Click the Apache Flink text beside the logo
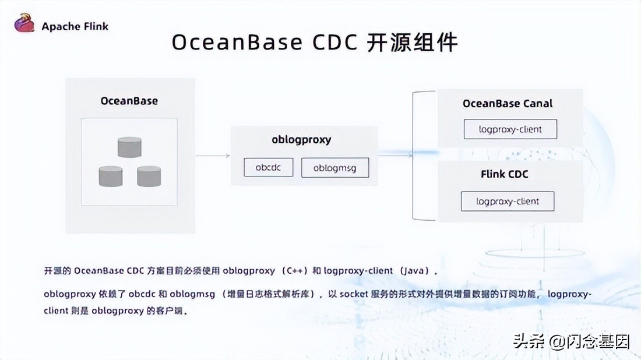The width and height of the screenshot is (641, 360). [75, 26]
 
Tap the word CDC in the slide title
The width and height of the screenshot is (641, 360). [328, 43]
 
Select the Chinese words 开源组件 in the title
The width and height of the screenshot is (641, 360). [412, 43]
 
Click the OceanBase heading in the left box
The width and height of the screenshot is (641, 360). [129, 100]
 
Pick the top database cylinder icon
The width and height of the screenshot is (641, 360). [129, 147]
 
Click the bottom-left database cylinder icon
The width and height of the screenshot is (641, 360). [111, 176]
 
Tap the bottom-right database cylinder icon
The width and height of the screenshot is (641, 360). [149, 176]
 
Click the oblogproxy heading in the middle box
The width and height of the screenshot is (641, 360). [301, 139]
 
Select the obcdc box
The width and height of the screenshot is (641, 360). [268, 168]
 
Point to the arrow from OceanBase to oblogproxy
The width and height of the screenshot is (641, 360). [213, 156]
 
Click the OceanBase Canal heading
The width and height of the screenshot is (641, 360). [508, 104]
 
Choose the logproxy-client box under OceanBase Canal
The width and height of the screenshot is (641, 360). [510, 129]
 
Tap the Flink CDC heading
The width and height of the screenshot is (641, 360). [505, 174]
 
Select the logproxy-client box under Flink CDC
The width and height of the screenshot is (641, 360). [507, 202]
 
